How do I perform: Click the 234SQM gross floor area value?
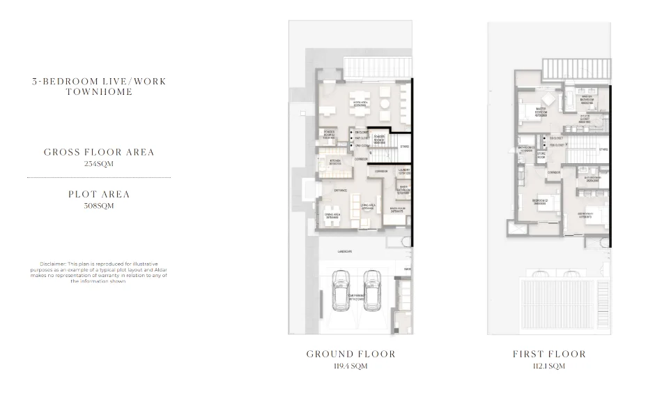(x=99, y=164)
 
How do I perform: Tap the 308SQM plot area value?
(x=99, y=206)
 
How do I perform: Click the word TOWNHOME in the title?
(x=99, y=92)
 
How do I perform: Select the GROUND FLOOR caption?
(x=350, y=354)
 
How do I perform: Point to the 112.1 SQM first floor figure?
(x=549, y=366)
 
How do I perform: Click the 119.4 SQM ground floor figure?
(x=350, y=366)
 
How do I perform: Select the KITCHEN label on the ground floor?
(x=328, y=161)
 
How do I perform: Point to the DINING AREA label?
(x=332, y=215)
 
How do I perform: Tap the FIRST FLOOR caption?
(x=549, y=354)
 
